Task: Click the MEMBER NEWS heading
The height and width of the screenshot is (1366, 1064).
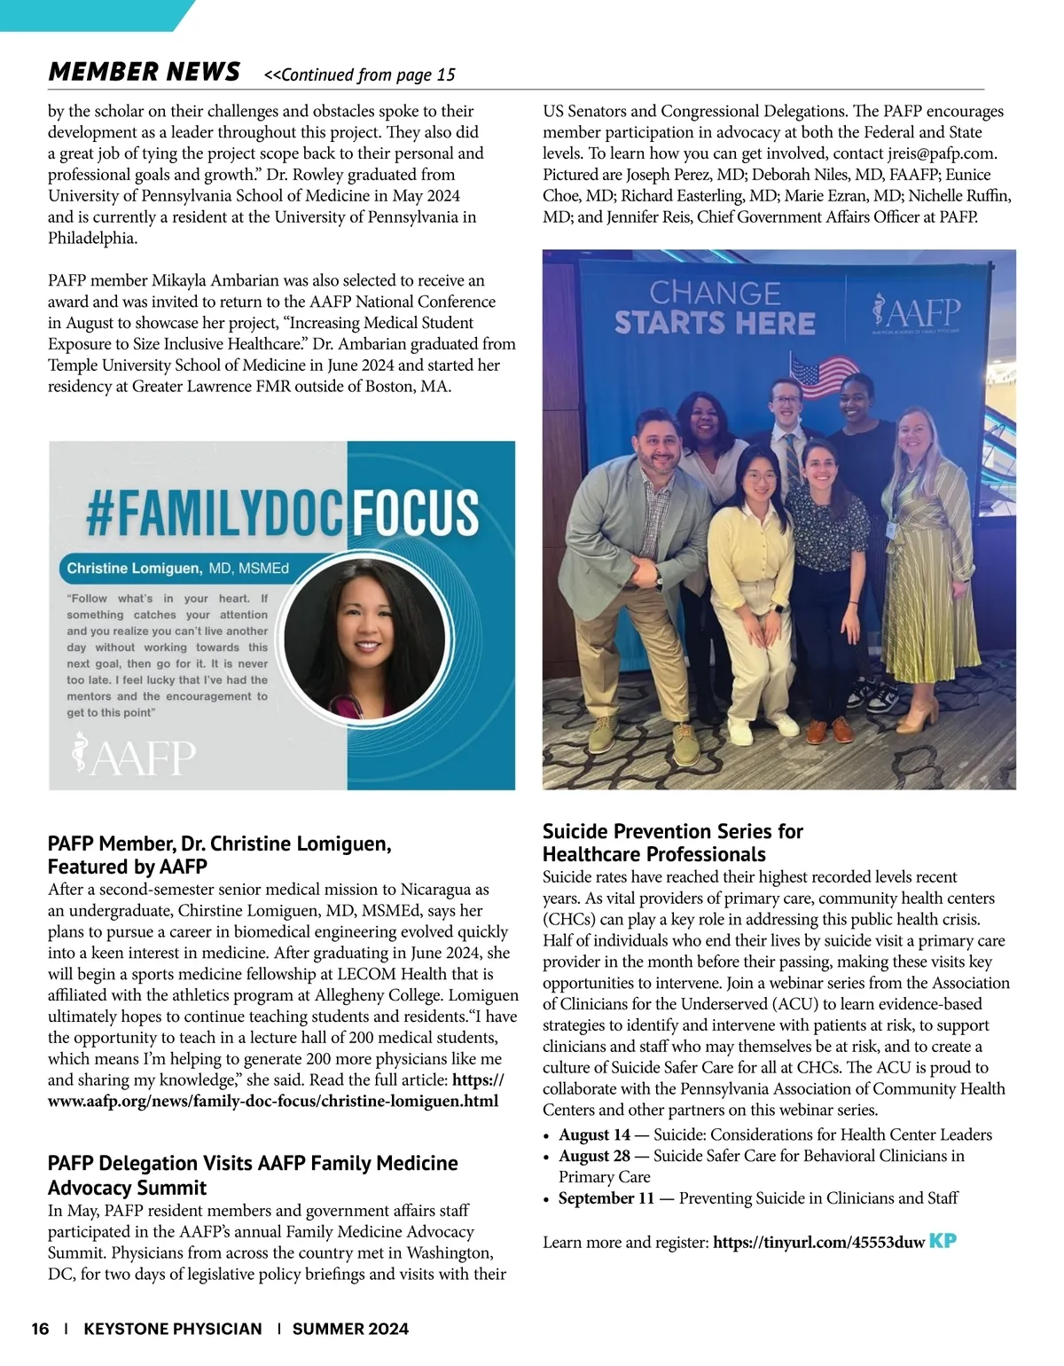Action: click(x=144, y=72)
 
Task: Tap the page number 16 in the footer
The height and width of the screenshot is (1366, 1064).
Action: click(x=40, y=1329)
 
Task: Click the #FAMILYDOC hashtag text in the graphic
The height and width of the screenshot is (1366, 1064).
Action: click(x=214, y=514)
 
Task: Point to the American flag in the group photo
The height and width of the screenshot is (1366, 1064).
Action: click(x=819, y=376)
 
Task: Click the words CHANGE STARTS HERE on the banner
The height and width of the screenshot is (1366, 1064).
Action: click(x=715, y=309)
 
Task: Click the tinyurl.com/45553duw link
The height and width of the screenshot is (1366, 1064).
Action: click(x=818, y=1243)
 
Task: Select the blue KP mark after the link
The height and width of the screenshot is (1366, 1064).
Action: click(x=943, y=1241)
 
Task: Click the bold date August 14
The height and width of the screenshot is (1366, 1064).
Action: click(x=594, y=1134)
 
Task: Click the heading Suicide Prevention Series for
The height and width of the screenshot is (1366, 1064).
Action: click(x=672, y=832)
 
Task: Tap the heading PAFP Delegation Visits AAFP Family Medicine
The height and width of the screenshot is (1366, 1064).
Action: click(x=253, y=1163)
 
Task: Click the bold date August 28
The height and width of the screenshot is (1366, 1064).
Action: click(x=594, y=1156)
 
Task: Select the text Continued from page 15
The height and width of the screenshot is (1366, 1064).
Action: click(x=360, y=75)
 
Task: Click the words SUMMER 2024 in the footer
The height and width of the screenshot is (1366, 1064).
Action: click(x=350, y=1329)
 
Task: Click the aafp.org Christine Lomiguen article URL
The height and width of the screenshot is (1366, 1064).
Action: click(x=273, y=1102)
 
